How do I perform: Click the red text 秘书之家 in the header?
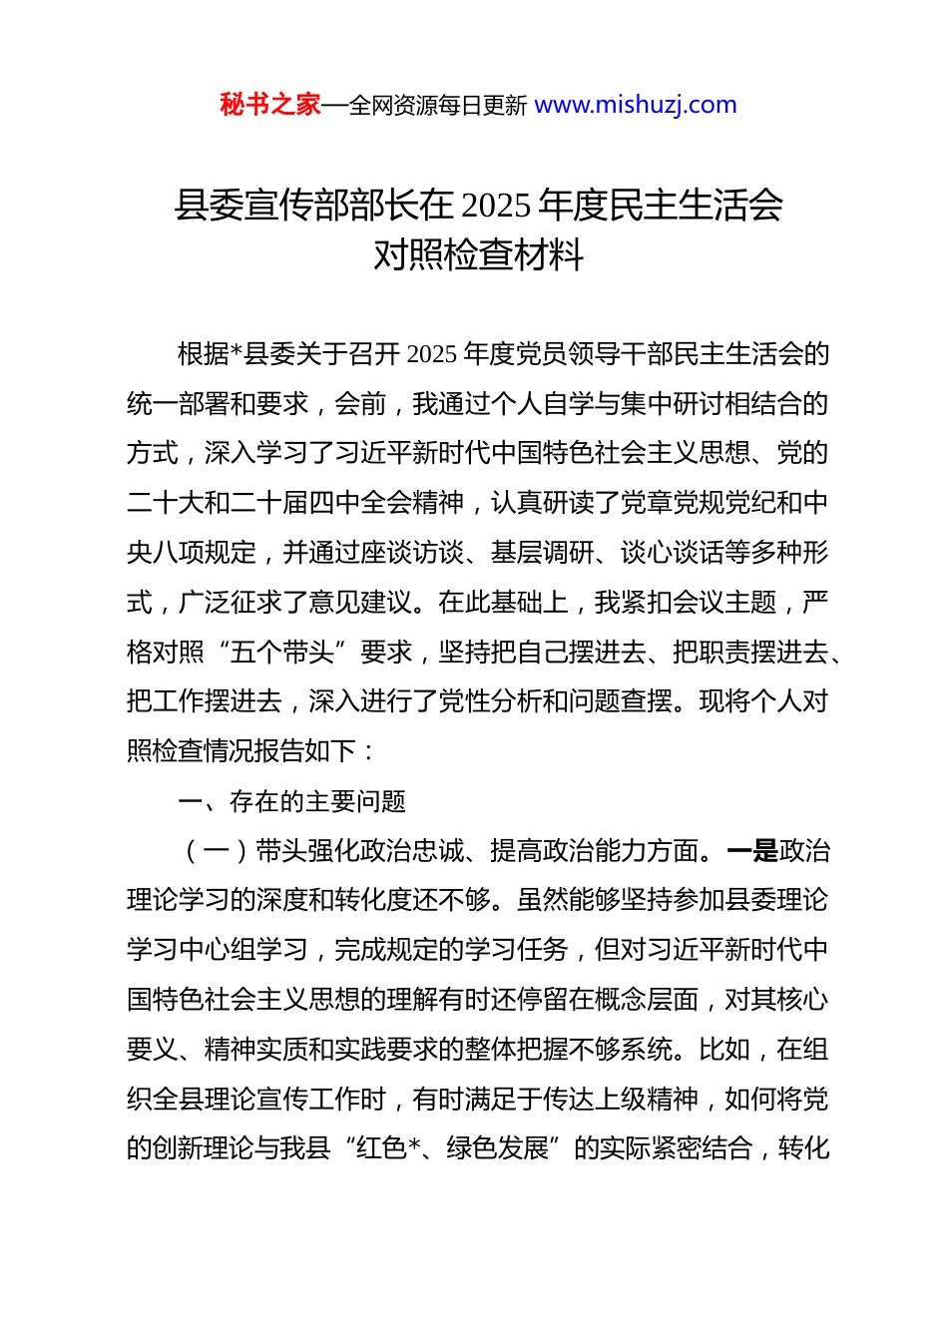pos(270,105)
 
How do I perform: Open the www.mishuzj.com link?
pos(636,105)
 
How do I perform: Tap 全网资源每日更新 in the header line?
pos(438,106)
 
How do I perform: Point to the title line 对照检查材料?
pos(478,255)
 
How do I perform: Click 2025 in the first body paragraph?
pos(432,354)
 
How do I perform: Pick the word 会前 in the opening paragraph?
pos(360,404)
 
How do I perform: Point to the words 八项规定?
pos(205,553)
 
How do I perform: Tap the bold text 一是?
pos(752,851)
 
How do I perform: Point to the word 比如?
pos(725,1050)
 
